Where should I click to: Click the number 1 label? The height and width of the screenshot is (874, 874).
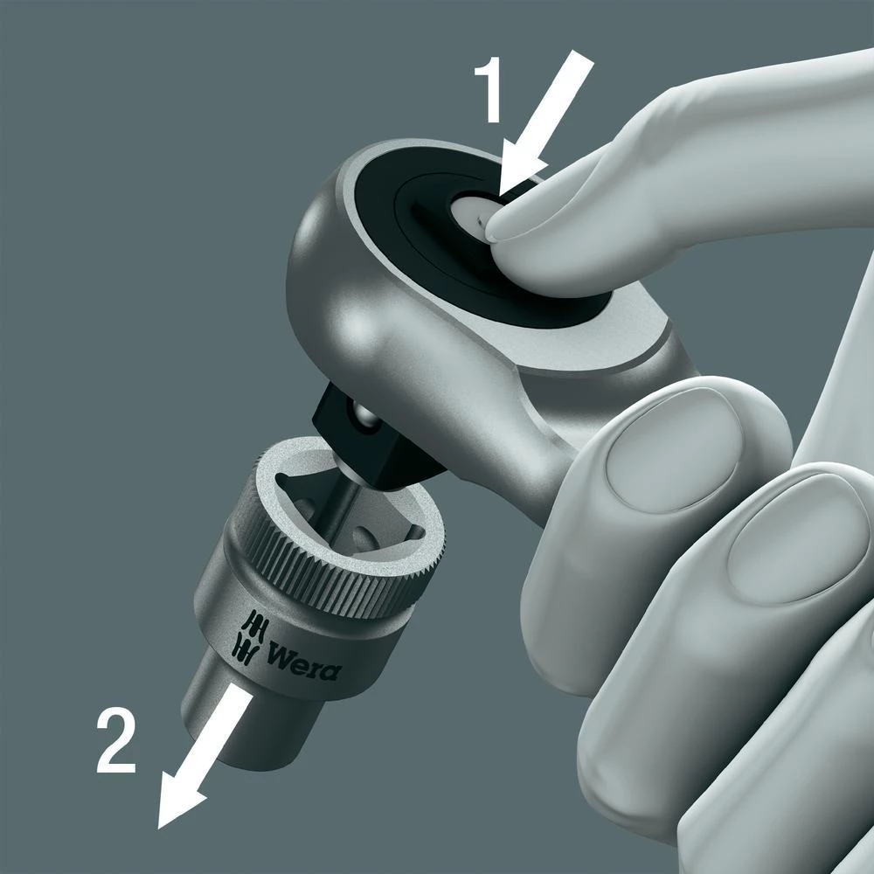[489, 93]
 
